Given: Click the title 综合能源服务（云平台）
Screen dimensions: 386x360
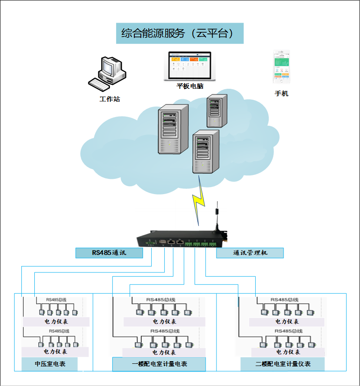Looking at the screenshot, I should (x=180, y=34).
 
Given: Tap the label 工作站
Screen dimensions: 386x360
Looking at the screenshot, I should (x=110, y=99).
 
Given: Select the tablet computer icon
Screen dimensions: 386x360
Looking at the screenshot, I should (x=190, y=66).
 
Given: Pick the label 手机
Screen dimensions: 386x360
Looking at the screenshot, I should (x=281, y=94).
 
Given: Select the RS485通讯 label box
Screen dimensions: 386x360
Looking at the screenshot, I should (x=109, y=253).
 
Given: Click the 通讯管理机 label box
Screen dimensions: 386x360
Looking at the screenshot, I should (x=250, y=253).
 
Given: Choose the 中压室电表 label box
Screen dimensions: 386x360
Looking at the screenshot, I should (x=50, y=364).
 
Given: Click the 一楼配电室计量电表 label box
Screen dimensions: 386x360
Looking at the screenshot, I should (x=159, y=364).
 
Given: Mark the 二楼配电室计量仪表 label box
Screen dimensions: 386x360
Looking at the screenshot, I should (x=283, y=364).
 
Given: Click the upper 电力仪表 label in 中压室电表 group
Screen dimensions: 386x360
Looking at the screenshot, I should (x=56, y=322).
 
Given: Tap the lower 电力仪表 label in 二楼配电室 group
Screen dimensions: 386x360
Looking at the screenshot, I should (x=287, y=352).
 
